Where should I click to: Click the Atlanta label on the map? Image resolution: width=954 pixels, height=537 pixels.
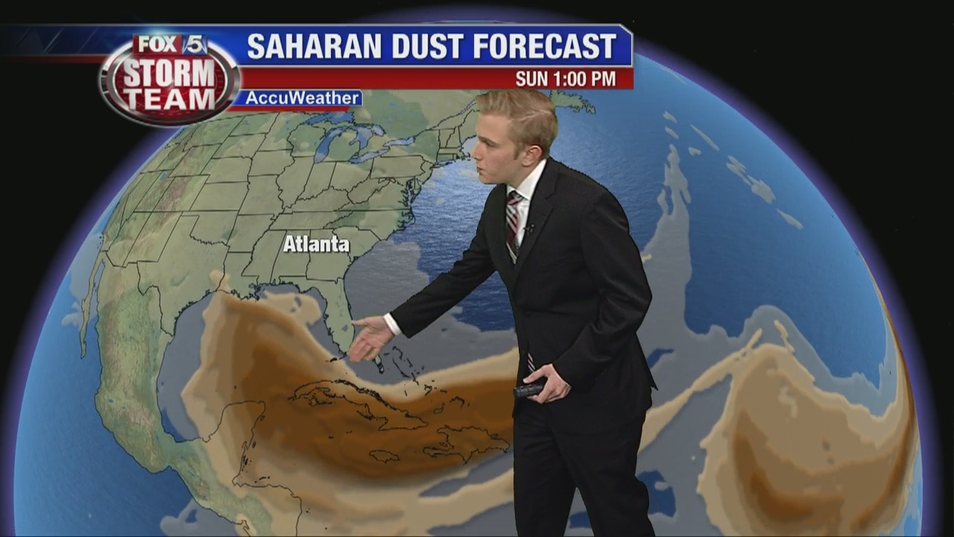[316, 244]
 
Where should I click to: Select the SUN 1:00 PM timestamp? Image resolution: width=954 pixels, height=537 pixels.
[566, 79]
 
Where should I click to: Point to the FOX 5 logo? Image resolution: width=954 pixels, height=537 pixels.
[171, 45]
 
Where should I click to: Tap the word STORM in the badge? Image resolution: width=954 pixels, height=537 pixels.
[168, 73]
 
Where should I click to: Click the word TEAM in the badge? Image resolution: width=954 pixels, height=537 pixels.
[169, 98]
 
